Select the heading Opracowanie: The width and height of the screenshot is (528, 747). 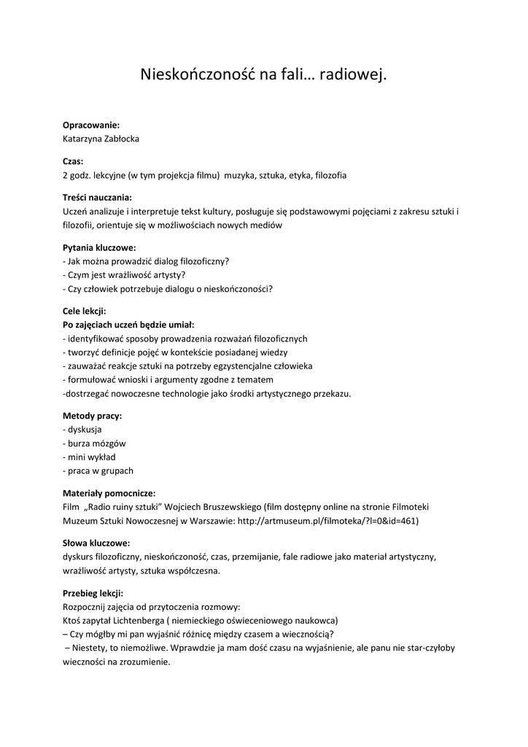(x=91, y=125)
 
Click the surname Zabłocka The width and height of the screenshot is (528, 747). (x=118, y=139)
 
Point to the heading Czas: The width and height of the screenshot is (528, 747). (x=73, y=161)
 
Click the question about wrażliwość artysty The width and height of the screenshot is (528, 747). (x=124, y=274)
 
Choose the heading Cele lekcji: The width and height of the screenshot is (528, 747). (x=84, y=311)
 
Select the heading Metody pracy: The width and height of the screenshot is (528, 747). (x=92, y=415)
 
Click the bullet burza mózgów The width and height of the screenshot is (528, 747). (x=97, y=443)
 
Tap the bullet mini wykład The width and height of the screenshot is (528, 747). (x=92, y=457)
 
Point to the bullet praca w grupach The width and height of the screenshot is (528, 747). (x=101, y=471)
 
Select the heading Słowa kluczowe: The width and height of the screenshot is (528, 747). (x=96, y=543)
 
